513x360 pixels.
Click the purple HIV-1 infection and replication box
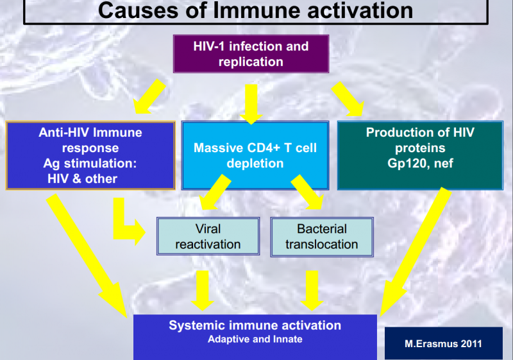pos(251,54)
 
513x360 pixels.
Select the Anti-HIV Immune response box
pos(90,155)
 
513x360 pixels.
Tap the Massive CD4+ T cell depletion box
pos(255,155)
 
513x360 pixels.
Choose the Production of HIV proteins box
pos(420,155)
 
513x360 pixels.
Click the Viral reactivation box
pos(208,236)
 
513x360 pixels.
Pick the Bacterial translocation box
pos(322,237)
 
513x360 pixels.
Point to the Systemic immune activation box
pos(255,337)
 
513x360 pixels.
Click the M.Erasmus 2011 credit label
pos(443,343)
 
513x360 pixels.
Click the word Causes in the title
pos(139,10)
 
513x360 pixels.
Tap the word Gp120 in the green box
pos(407,163)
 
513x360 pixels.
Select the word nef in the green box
pos(444,163)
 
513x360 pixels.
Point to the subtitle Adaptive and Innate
pos(255,339)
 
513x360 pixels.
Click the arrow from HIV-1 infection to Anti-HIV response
pos(149,97)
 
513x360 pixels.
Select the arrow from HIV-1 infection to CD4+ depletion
pos(251,104)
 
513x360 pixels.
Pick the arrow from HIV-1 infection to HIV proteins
pos(348,99)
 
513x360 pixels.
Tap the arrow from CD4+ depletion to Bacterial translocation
pos(307,192)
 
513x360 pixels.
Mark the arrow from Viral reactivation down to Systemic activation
pos(203,291)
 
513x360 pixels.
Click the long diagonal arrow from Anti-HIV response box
pos(87,255)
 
